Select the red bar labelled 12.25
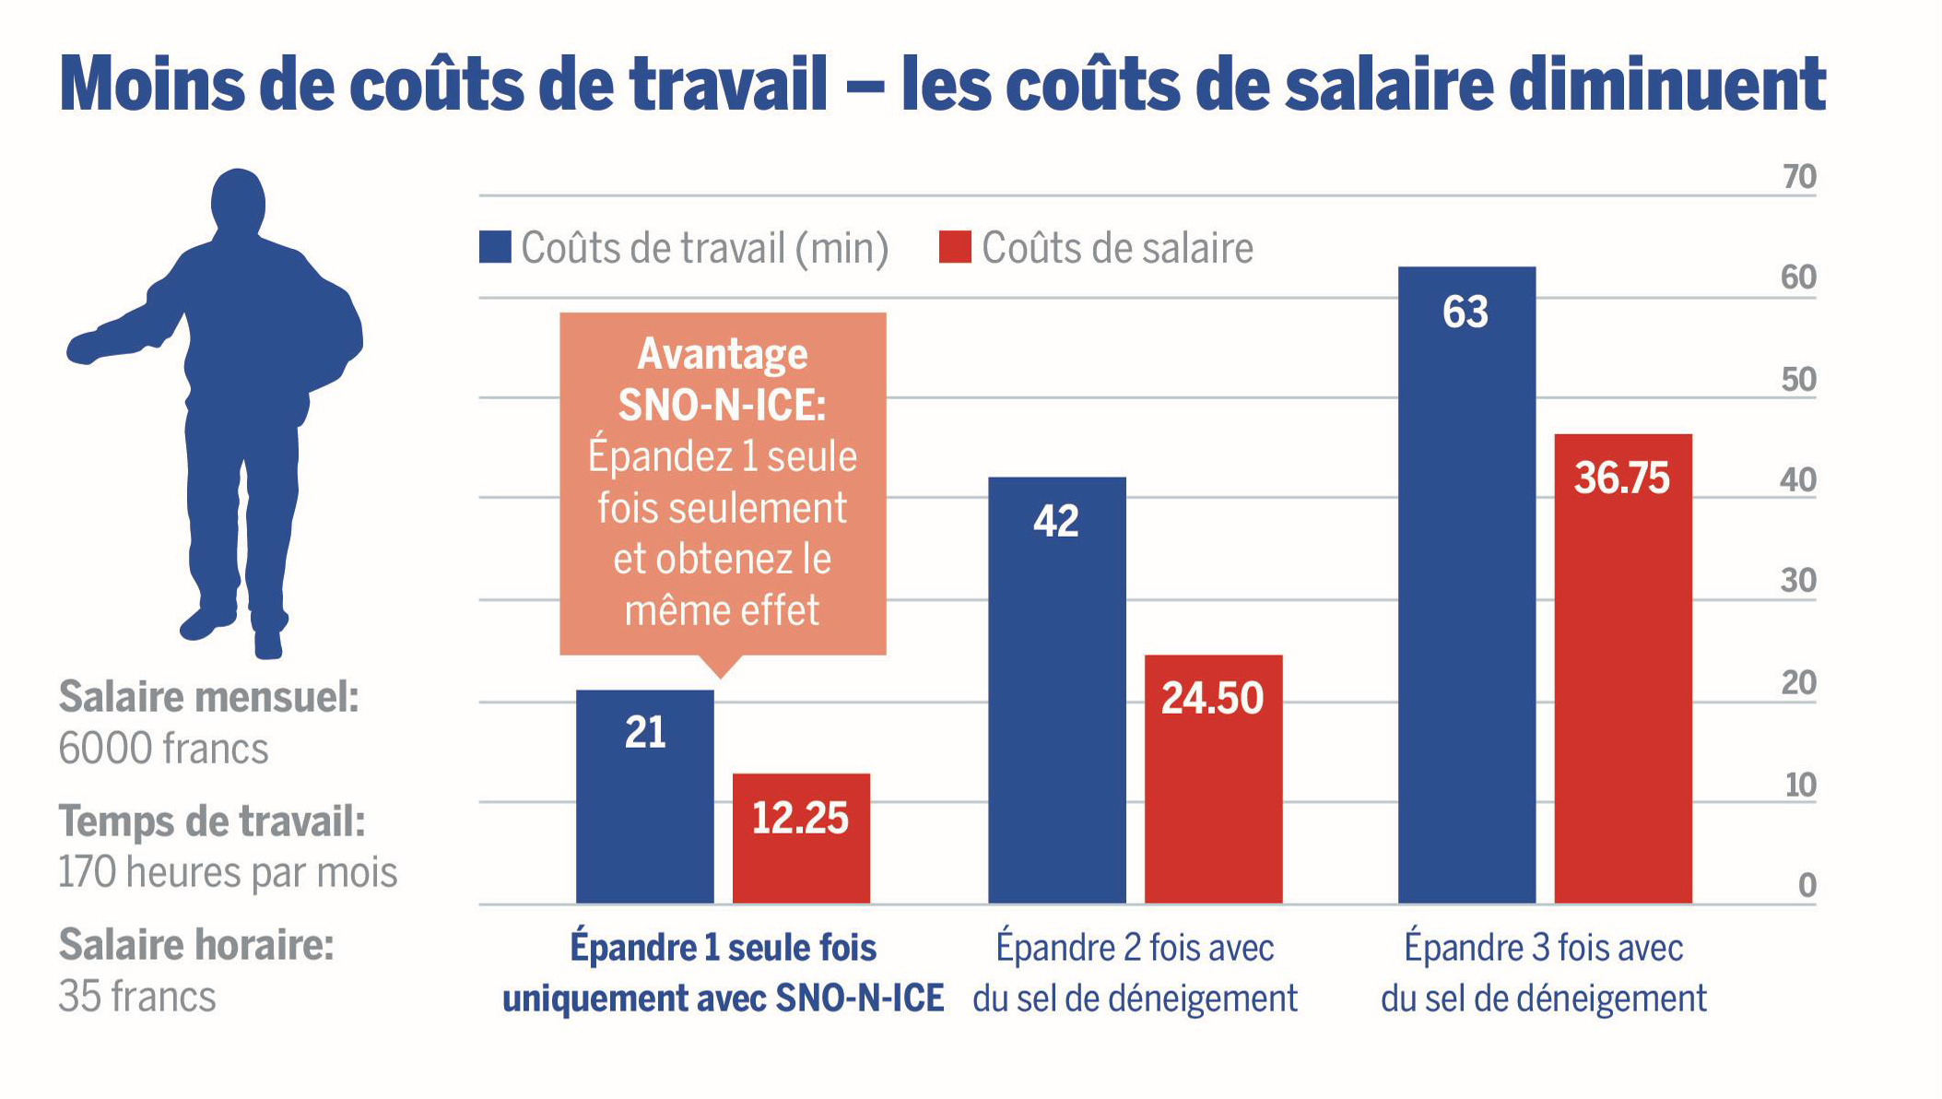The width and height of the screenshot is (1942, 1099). point(800,838)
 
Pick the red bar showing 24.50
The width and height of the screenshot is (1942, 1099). point(1213,779)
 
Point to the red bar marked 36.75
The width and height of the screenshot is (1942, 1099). point(1622,668)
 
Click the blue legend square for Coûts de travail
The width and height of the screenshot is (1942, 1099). point(495,247)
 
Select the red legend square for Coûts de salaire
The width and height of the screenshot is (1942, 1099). point(955,247)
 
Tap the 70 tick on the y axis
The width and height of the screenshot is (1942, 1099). point(1798,176)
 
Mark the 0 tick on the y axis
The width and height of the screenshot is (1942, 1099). point(1807,885)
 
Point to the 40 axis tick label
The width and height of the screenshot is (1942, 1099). point(1797,480)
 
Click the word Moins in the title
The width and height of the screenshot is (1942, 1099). point(152,85)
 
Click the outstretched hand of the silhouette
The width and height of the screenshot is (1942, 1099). point(83,349)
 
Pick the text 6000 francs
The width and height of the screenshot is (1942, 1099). point(163,749)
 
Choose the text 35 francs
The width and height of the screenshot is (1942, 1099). point(137,997)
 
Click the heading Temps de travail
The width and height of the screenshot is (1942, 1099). point(212,821)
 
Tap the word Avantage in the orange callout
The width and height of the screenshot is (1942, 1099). point(723,353)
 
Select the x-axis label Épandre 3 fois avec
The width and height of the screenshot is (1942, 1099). point(1543,948)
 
